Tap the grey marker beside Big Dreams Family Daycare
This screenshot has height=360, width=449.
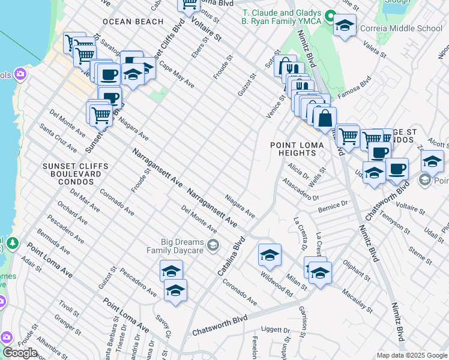[x=212, y=245]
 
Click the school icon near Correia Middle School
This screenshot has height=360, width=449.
[x=345, y=26]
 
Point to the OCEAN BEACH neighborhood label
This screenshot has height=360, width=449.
[x=133, y=22]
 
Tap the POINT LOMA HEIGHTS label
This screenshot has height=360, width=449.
[x=293, y=149]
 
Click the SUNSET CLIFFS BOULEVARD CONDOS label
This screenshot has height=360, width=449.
[x=76, y=173]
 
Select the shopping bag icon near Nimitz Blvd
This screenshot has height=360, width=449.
[x=325, y=118]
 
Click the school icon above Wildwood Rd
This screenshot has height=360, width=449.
[x=270, y=254]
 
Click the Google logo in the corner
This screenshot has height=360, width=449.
[x=20, y=353]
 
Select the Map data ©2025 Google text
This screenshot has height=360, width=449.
[x=412, y=355]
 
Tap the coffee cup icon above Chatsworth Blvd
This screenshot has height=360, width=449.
[x=396, y=169]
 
